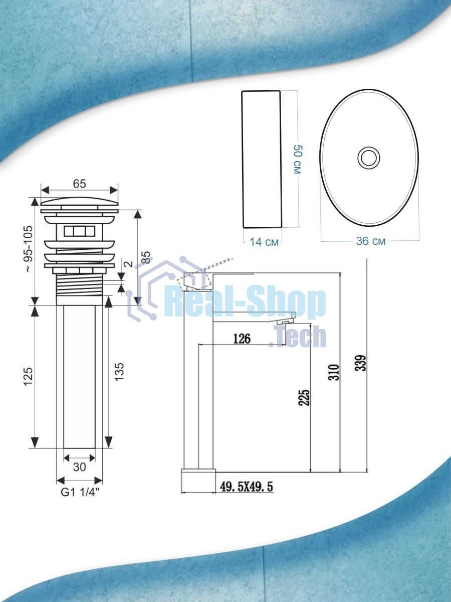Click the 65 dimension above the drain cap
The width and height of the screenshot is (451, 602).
point(79,184)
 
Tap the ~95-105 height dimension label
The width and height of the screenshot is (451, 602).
point(29,249)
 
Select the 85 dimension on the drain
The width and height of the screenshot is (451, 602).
point(147,257)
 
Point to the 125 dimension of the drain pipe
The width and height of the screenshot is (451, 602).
point(29,376)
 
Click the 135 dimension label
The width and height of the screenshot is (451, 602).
point(119,372)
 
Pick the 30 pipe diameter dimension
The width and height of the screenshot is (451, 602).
point(79,467)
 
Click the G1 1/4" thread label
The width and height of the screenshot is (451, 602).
point(80,493)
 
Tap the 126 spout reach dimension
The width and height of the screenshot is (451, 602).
point(242,339)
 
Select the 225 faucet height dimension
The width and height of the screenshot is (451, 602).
point(305,397)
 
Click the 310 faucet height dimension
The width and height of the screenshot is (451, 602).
point(334,372)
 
